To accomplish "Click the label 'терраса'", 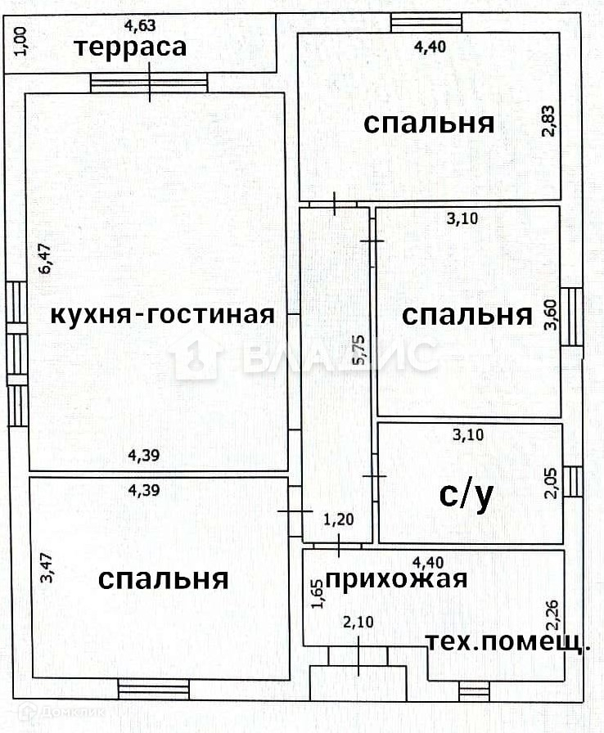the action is [x=131, y=47].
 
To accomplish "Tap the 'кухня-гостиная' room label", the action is [x=162, y=314].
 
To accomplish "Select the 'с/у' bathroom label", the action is [x=467, y=495].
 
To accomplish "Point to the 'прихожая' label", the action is [x=396, y=579].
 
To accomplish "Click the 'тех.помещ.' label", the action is [x=508, y=642].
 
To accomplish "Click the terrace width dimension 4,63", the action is [x=138, y=25].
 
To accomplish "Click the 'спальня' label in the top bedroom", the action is [x=429, y=124].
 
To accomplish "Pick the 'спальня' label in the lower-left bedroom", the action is [x=162, y=579].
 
